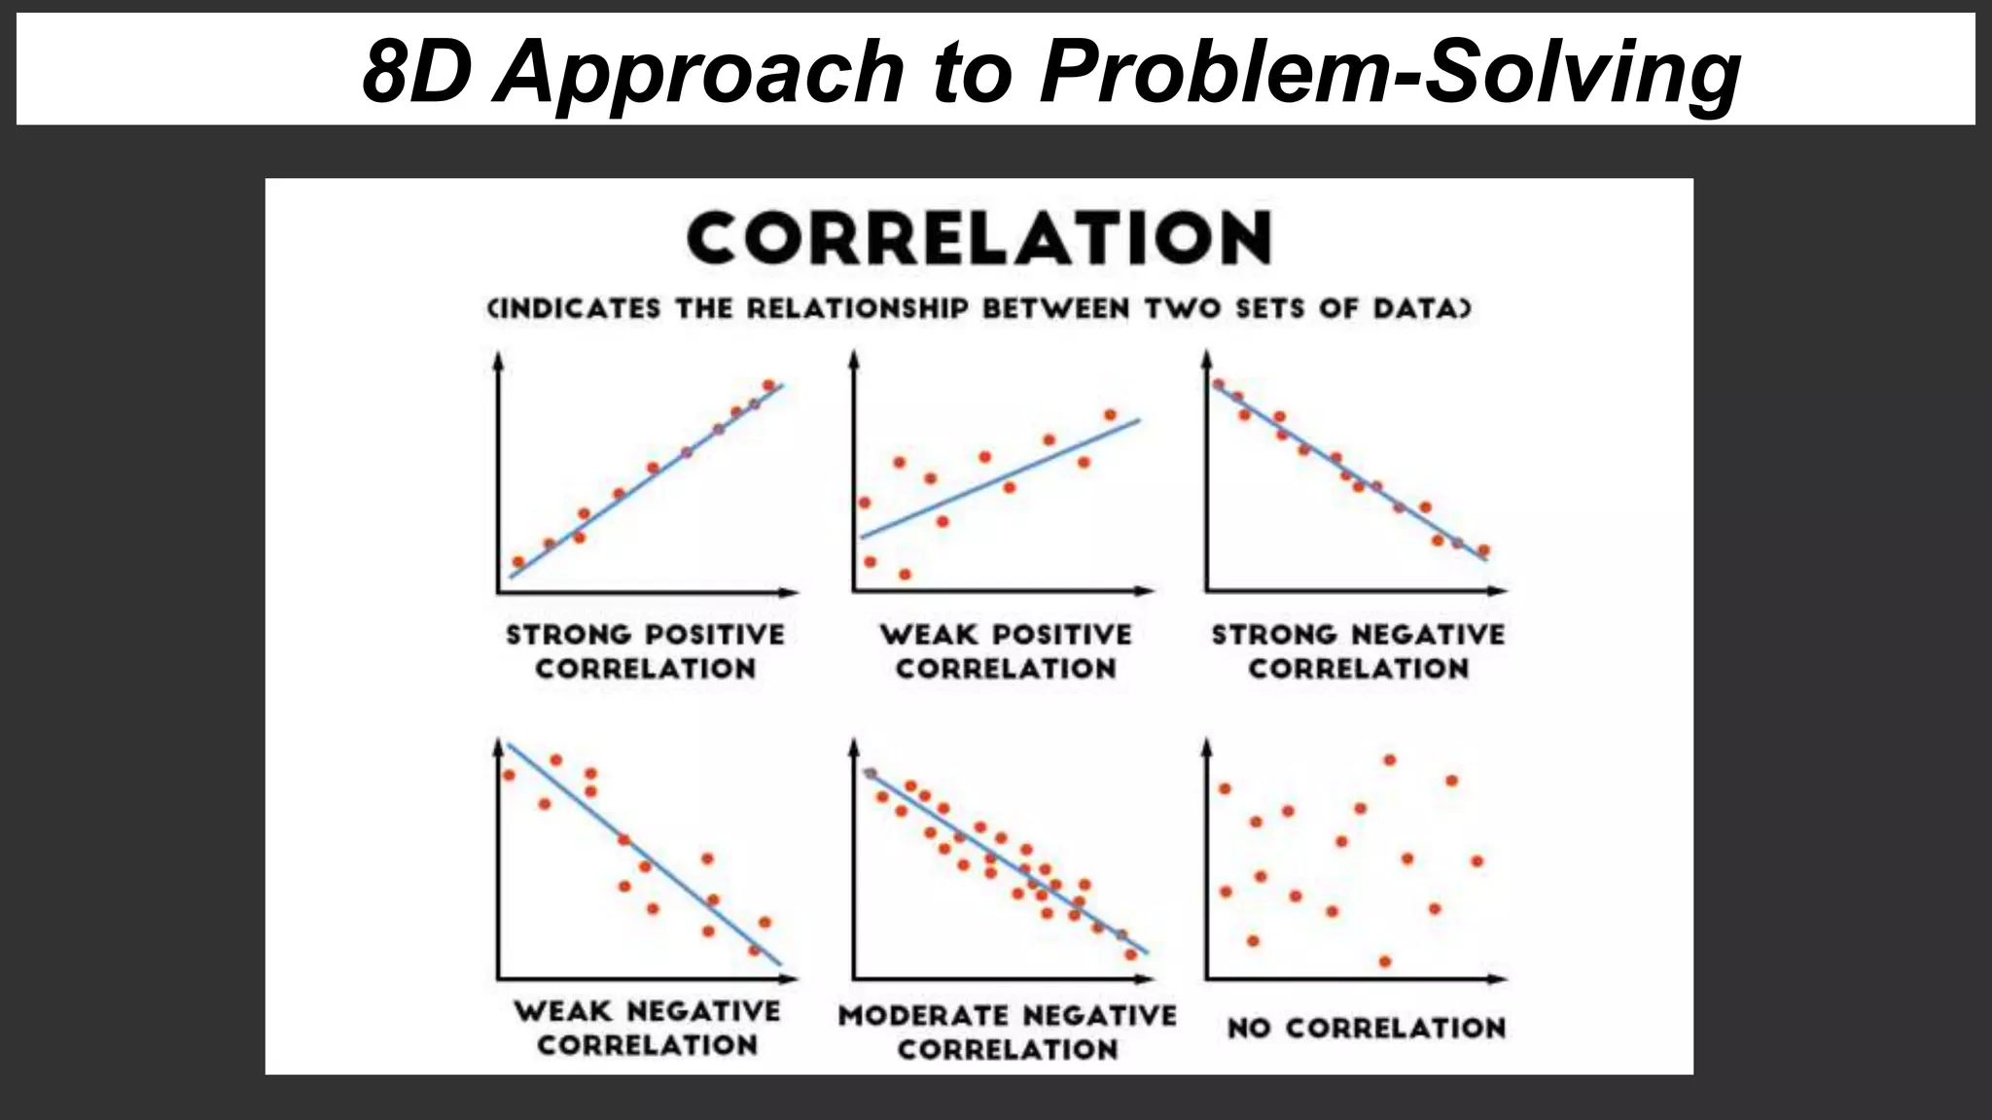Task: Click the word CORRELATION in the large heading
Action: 978,238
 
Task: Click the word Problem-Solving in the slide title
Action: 1389,72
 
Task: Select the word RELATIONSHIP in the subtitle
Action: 857,309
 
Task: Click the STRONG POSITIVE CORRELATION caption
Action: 645,651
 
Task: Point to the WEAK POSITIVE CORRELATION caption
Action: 1006,651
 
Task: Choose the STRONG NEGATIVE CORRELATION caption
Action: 1358,651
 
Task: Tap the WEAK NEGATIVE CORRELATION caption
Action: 647,1028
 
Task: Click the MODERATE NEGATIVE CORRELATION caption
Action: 1007,1032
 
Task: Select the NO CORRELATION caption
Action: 1366,1028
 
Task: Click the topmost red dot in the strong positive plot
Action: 768,385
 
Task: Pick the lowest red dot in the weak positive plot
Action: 905,575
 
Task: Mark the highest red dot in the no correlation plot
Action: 1389,760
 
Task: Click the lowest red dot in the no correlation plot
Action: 1385,962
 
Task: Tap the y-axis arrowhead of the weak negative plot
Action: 498,745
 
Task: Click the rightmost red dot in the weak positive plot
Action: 1110,415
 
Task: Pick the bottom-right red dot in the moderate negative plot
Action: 1130,955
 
